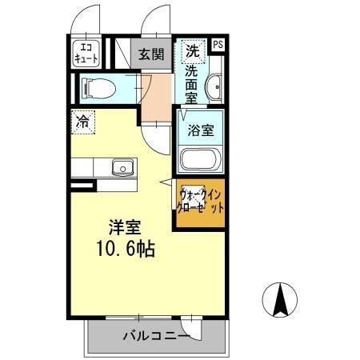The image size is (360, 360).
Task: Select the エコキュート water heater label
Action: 86,53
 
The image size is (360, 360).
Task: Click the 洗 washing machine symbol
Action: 192,50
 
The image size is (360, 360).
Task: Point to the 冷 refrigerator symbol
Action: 82,122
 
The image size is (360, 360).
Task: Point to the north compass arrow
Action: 282,302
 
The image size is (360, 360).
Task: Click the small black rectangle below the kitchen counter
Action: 82,186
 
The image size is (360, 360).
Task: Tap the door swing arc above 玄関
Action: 156,19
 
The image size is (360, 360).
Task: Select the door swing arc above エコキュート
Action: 86,19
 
